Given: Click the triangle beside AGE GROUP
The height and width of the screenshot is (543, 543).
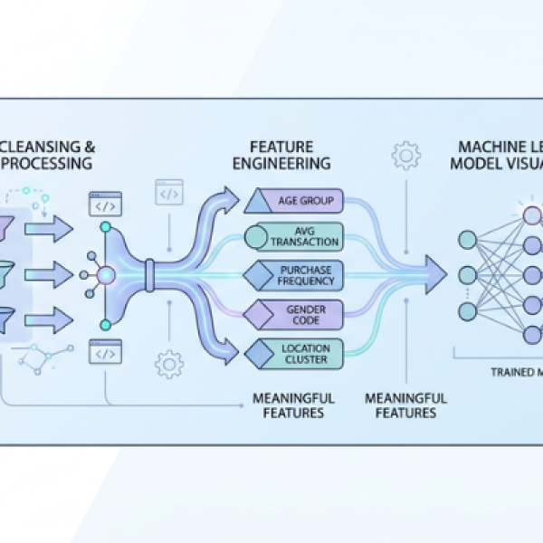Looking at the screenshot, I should tap(254, 202).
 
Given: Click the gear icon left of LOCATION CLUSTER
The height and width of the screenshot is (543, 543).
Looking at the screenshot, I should tap(169, 364).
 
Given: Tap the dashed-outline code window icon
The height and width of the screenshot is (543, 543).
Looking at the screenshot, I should tap(169, 193).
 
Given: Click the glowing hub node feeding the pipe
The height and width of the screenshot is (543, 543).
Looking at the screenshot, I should tap(105, 274).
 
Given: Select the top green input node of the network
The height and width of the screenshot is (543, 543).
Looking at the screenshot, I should tap(468, 240).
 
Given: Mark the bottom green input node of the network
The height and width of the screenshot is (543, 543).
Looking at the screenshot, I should tap(468, 311).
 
